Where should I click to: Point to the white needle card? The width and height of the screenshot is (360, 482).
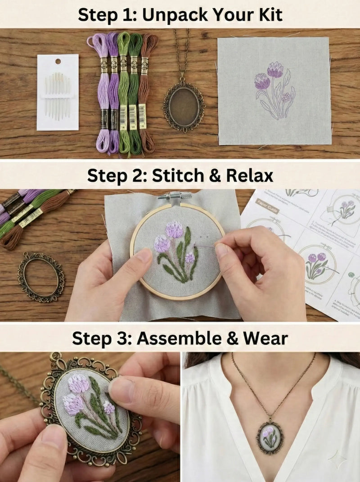(x=58, y=92)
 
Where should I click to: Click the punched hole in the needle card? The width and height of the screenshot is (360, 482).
(x=58, y=61)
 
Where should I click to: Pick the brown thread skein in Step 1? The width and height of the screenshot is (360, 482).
(x=147, y=92)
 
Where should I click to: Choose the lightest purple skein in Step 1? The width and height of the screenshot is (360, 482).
(x=102, y=92)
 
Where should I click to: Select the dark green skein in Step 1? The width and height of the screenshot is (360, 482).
(x=135, y=92)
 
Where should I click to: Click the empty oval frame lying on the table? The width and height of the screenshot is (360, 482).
(x=41, y=277)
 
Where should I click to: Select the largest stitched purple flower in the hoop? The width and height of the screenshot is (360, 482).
(x=174, y=230)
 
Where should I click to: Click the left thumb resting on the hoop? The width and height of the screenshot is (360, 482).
(x=141, y=259)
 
